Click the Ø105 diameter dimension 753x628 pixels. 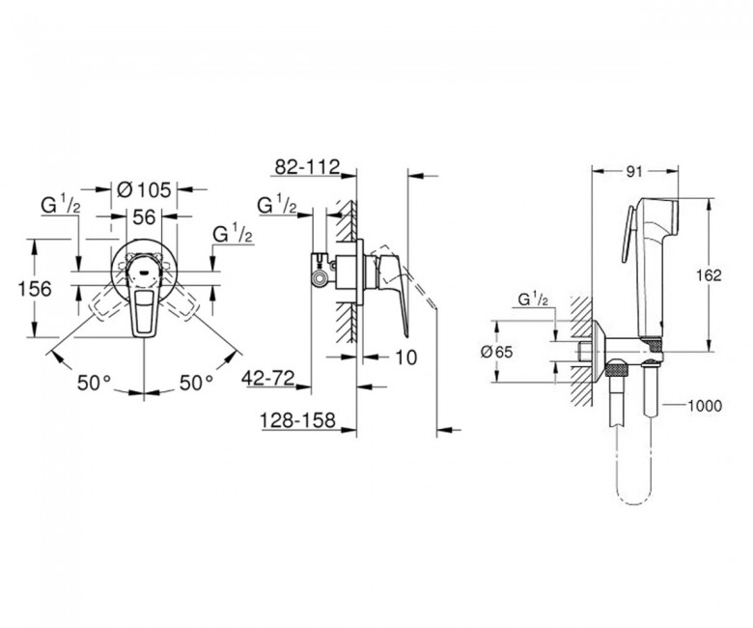[144, 190]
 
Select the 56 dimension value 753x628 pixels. [144, 217]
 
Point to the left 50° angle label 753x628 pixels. [95, 384]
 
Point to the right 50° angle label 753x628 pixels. [196, 384]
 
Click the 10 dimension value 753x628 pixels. [405, 357]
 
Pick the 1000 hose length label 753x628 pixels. [705, 406]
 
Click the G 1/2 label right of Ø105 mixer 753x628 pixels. [233, 235]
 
